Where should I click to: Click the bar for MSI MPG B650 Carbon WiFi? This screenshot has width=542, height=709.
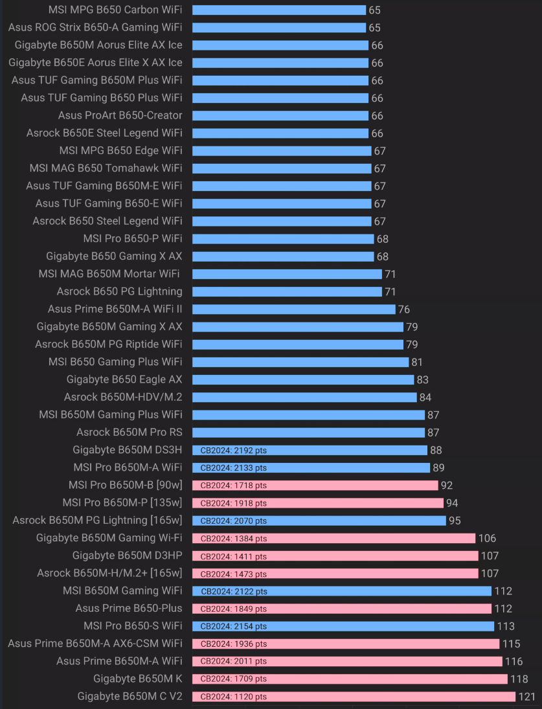(x=279, y=10)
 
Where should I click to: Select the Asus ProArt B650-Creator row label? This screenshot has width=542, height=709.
(x=120, y=116)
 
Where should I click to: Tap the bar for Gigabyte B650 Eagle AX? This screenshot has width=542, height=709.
(x=303, y=379)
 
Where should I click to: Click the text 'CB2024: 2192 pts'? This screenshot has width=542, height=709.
(x=233, y=450)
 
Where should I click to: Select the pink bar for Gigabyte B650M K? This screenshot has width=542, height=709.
(x=350, y=679)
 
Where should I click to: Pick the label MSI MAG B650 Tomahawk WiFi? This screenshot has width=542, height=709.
(x=106, y=168)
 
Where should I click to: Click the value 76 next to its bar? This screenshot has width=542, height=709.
(x=404, y=309)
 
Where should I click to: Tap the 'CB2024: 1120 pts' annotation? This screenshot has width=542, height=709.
(x=233, y=697)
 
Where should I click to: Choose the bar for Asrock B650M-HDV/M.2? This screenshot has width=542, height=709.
(x=304, y=397)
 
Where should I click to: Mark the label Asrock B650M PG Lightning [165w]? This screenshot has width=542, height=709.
(x=97, y=521)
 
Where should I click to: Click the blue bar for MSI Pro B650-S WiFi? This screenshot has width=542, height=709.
(x=343, y=626)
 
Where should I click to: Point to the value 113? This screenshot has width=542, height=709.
(x=506, y=626)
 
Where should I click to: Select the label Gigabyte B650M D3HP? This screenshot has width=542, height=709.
(x=128, y=556)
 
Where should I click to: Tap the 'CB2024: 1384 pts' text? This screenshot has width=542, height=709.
(x=233, y=538)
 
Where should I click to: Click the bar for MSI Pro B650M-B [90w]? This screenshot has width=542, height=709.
(x=315, y=485)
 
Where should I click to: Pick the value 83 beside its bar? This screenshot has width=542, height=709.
(x=423, y=379)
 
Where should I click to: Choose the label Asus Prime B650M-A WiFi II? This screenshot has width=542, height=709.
(x=115, y=309)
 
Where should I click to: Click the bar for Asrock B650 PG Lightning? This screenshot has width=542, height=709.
(x=287, y=291)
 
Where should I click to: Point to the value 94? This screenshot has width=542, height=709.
(x=453, y=503)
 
